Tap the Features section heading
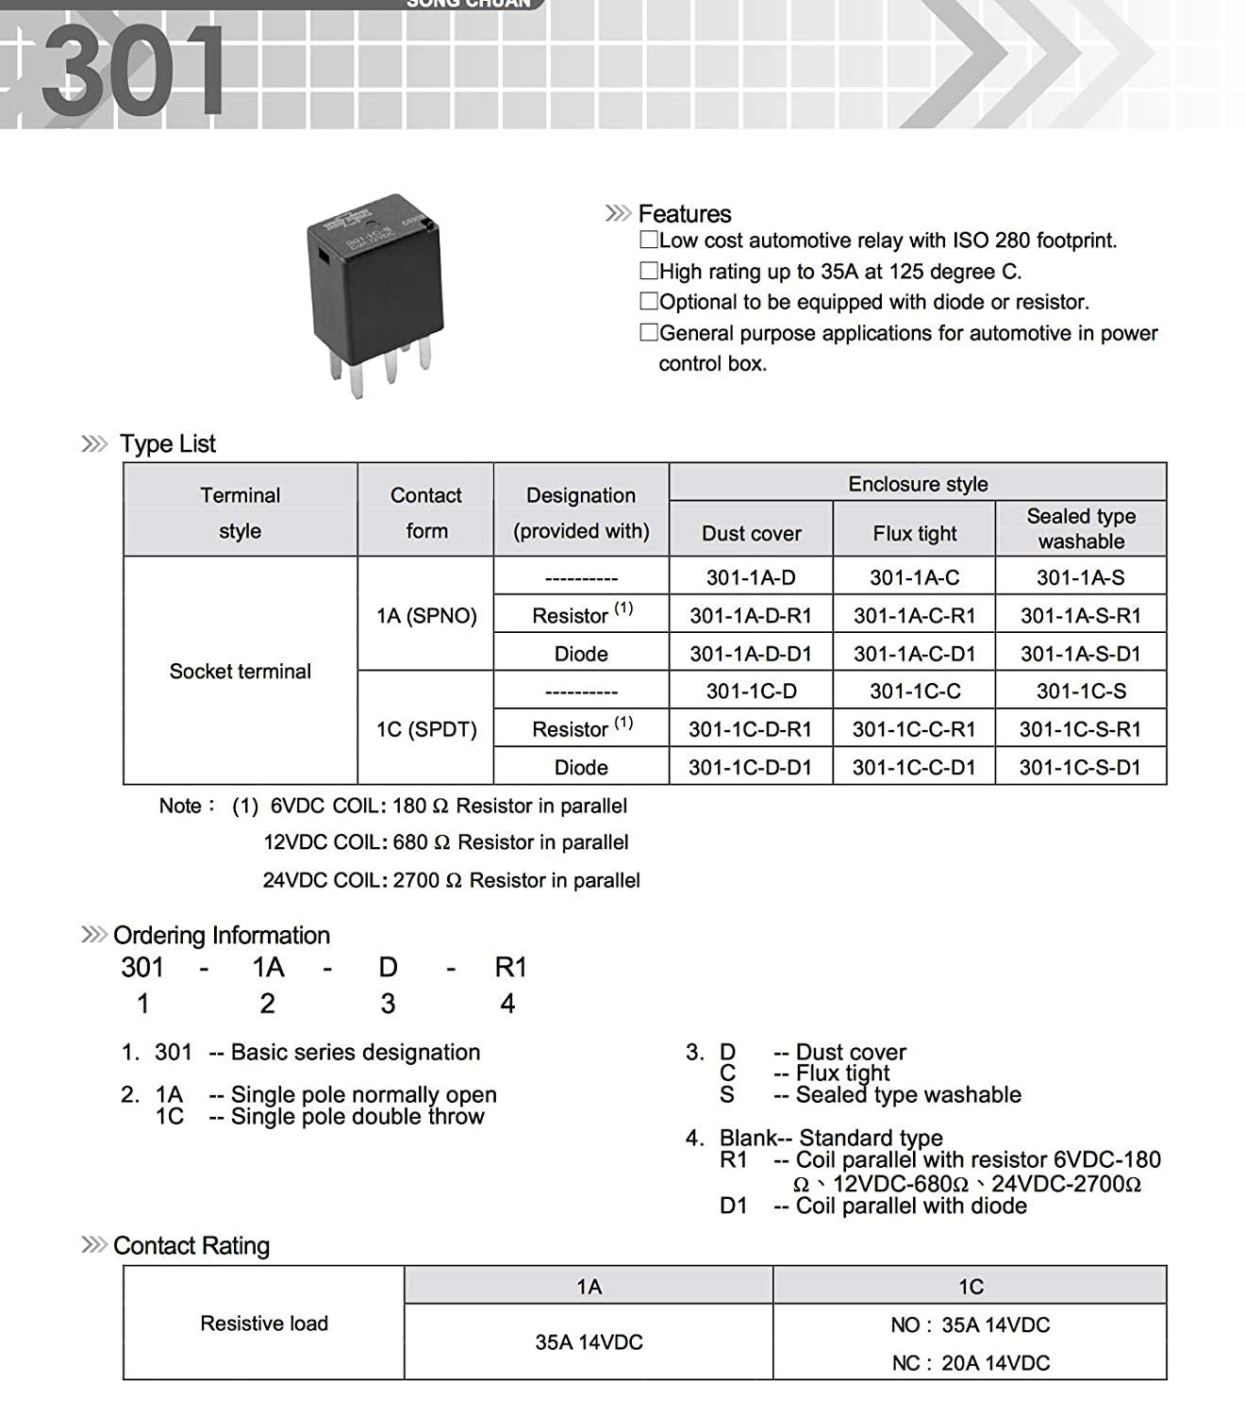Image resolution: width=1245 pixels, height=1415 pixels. pos(684,214)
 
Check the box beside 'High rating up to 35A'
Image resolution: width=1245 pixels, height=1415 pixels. pos(649,271)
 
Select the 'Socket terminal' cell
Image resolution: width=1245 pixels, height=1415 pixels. pos(240,671)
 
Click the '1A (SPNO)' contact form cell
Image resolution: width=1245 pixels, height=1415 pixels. pos(426,616)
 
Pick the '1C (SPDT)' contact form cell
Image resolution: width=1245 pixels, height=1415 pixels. pos(426,729)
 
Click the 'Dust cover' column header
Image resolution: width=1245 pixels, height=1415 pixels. pos(751,533)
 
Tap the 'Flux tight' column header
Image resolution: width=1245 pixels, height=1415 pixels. pos(914,533)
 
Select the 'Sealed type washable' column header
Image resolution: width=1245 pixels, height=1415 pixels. pos(1081,528)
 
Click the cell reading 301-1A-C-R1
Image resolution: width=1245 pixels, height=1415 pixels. pos(914,616)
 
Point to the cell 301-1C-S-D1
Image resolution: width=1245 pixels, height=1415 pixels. pos(1080,767)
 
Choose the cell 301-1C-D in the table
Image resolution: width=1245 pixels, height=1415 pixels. pos(751,691)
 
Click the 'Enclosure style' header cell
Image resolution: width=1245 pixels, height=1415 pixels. pos(918,484)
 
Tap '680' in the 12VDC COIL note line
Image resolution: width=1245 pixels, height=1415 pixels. pos(411,842)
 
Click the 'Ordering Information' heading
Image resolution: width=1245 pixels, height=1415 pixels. pos(221,935)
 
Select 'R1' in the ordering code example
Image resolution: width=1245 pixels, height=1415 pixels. pos(510,968)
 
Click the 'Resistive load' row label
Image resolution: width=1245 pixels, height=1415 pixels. pos(264,1323)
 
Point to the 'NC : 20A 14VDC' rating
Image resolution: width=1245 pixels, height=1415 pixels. pos(971,1362)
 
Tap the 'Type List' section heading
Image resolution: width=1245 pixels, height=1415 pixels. pos(168,443)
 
